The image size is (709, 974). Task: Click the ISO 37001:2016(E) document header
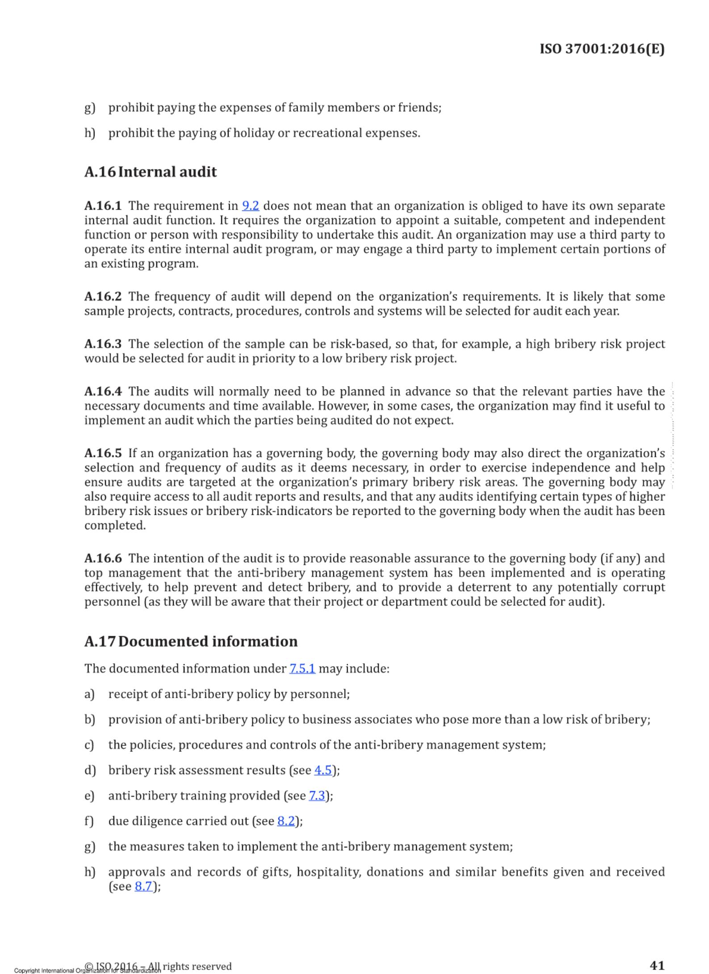[x=602, y=49]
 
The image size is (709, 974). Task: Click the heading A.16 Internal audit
[x=151, y=172]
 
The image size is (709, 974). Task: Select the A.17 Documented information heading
[x=191, y=641]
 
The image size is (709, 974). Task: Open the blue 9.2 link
[x=250, y=206]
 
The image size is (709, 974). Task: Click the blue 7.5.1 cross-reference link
[x=302, y=669]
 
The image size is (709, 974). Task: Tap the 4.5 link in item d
[x=323, y=770]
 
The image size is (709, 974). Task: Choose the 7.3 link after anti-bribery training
[x=317, y=796]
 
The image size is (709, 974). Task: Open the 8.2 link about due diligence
[x=286, y=821]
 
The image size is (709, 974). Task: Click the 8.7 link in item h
[x=143, y=886]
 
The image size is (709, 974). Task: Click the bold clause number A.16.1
[x=103, y=206]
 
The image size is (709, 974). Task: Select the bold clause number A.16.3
[x=103, y=344]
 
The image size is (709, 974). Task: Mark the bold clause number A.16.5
[x=103, y=453]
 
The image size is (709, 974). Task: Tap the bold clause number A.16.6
[x=103, y=558]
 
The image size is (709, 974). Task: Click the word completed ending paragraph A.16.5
[x=115, y=526]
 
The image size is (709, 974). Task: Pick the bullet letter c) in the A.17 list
[x=89, y=745]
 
